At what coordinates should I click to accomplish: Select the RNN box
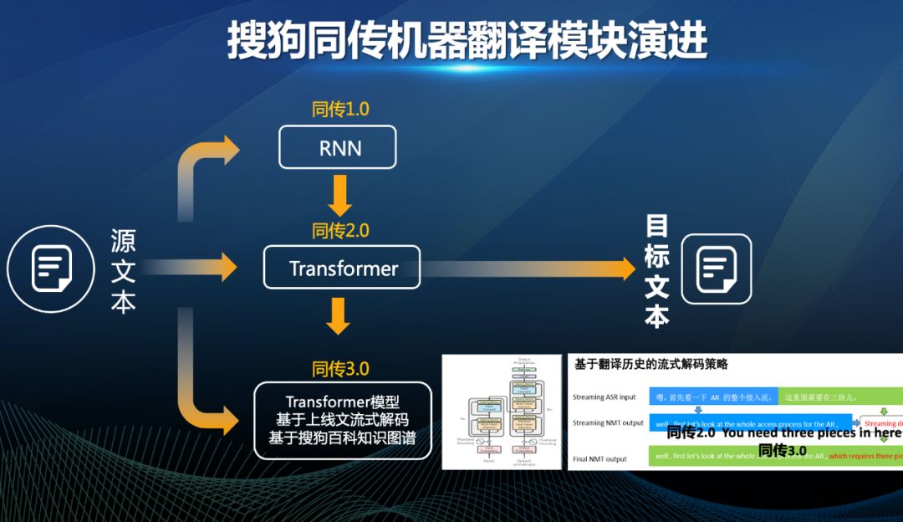tap(337, 147)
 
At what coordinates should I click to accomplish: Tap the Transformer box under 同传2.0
tap(342, 268)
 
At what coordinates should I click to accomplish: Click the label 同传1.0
tap(340, 109)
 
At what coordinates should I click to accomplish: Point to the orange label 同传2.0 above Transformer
tap(340, 229)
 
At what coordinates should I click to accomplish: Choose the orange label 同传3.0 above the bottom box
tap(340, 368)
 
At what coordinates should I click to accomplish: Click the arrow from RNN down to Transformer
tap(339, 194)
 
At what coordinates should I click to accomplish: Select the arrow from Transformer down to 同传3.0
tap(339, 315)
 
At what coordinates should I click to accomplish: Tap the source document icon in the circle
tap(49, 269)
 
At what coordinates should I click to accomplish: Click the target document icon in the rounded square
tap(717, 269)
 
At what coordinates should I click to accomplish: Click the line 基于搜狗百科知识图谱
tap(342, 438)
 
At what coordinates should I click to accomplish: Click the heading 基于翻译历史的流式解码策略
tap(651, 365)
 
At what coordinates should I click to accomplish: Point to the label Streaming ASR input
tap(605, 397)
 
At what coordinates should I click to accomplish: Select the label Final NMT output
tap(600, 458)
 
